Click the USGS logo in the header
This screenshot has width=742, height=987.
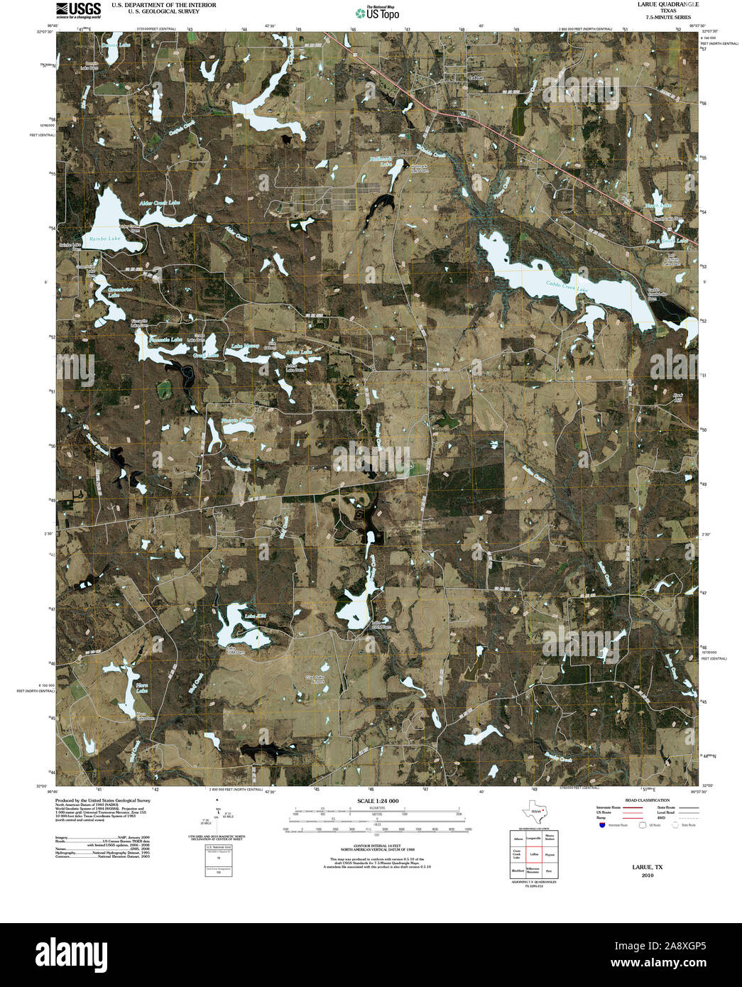click(77, 10)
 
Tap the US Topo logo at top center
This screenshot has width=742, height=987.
click(378, 13)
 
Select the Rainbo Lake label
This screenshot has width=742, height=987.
click(104, 239)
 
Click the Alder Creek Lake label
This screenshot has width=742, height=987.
click(159, 203)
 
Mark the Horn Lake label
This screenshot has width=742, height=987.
click(142, 687)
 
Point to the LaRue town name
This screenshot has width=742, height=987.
click(476, 77)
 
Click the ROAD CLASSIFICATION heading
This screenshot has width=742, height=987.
click(642, 800)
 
